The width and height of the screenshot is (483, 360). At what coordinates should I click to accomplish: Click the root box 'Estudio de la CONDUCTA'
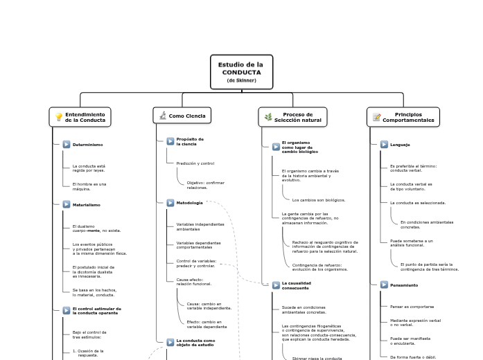[x=241, y=72]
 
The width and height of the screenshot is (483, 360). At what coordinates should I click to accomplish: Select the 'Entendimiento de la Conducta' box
[x=80, y=117]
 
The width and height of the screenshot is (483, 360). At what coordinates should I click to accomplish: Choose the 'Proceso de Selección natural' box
[x=292, y=117]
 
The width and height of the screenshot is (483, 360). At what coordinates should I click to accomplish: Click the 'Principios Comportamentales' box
[x=403, y=117]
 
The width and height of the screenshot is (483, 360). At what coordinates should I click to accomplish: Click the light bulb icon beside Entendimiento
[x=59, y=117]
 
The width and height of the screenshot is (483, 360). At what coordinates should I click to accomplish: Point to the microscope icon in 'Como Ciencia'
[x=162, y=116]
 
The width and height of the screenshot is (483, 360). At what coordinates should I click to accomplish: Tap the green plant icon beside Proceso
[x=268, y=117]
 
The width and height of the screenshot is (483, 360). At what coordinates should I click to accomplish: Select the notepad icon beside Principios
[x=376, y=117]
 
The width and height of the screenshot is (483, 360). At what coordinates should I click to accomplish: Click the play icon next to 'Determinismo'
[x=67, y=145]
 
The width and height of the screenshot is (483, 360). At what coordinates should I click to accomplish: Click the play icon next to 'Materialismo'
[x=67, y=205]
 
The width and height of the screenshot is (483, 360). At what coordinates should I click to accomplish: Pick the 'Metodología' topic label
[x=189, y=203]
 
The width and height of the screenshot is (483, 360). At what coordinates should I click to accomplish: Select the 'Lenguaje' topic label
[x=400, y=145]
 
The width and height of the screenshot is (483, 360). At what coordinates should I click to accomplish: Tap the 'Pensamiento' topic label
[x=403, y=285]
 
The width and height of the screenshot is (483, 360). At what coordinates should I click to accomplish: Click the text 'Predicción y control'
[x=195, y=163]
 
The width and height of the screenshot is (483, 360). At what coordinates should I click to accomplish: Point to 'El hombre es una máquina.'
[x=89, y=186]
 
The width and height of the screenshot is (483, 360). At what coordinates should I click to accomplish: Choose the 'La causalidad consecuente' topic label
[x=296, y=285]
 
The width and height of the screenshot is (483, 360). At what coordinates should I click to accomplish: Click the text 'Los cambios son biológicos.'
[x=319, y=199]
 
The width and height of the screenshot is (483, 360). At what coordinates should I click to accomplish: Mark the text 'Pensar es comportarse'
[x=412, y=306]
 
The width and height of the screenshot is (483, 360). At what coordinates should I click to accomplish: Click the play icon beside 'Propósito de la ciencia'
[x=170, y=141]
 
